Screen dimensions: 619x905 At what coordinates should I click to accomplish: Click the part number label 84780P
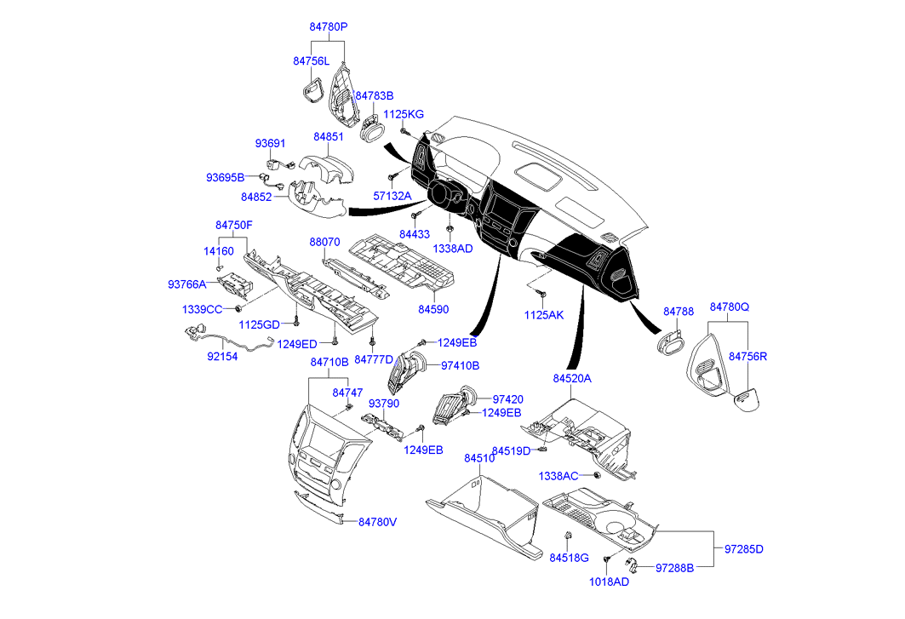328,27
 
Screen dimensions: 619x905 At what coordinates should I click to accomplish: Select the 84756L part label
311,61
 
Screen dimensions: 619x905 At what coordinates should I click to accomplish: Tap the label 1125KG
403,114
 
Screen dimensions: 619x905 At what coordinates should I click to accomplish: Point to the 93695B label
225,178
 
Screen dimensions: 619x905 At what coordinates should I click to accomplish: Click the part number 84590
432,309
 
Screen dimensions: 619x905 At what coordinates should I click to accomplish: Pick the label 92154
222,357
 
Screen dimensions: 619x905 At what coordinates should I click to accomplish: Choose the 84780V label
377,522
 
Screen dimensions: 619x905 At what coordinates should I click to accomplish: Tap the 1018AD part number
610,582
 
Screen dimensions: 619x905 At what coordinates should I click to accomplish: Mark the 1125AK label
544,315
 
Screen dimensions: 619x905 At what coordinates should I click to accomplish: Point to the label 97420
507,399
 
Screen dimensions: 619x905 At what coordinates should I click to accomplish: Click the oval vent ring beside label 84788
670,341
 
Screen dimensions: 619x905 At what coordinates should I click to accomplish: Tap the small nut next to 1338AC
599,474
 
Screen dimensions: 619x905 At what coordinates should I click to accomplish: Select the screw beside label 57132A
392,177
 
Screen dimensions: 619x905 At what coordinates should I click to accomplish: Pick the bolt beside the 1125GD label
295,322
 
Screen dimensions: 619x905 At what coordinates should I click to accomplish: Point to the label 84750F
233,225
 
